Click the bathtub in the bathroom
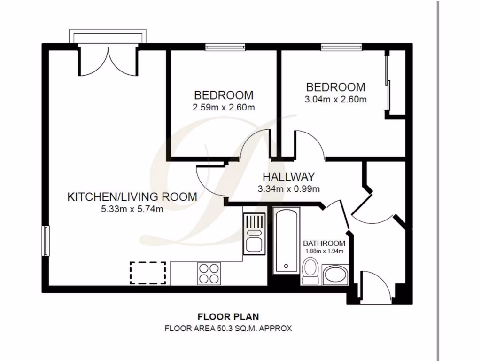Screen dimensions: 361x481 tap(286, 241)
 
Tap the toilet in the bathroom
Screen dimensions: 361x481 tap(310, 272)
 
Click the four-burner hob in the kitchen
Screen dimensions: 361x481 tap(209, 273)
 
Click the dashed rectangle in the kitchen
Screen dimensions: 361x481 tap(147, 273)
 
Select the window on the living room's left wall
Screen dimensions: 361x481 tap(46, 240)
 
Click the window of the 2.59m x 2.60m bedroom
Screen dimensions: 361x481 tap(225, 47)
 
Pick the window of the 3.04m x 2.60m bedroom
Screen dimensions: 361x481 tap(341, 47)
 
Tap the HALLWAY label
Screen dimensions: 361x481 tap(288, 177)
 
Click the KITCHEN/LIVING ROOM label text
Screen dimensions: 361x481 tap(132, 196)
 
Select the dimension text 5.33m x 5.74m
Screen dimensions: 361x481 tap(132, 210)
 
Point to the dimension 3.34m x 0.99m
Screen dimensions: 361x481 tap(288, 189)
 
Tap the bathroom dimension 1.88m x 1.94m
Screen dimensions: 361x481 tap(324, 251)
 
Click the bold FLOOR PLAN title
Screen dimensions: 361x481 tap(228, 316)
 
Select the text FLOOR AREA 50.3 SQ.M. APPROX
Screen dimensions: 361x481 tap(228, 329)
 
